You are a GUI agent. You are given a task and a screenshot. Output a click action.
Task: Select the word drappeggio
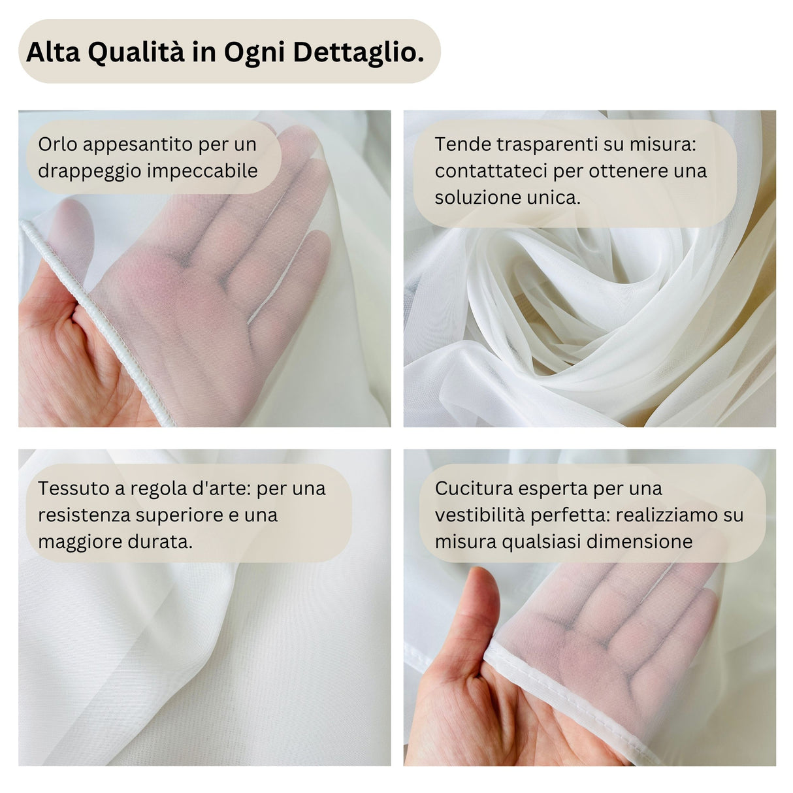(x=89, y=170)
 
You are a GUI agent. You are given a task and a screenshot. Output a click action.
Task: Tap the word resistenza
(x=84, y=515)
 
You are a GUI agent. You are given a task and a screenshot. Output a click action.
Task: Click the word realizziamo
(x=666, y=515)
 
